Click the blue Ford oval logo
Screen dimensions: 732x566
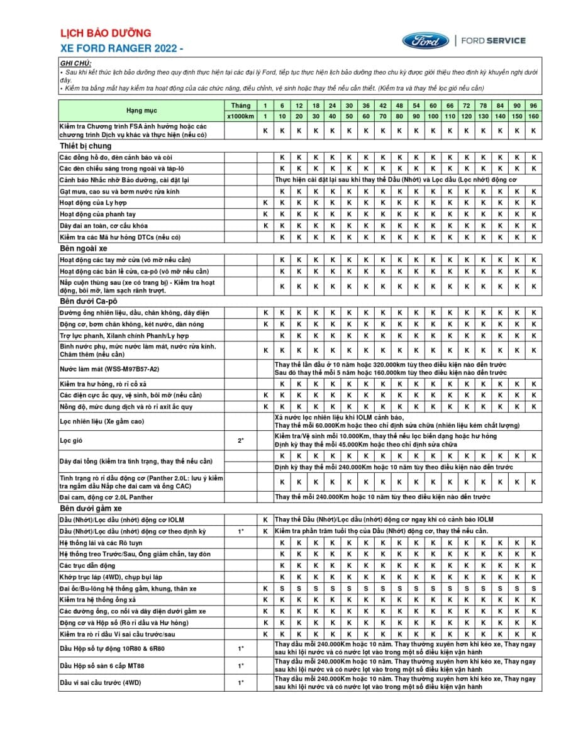tap(426, 41)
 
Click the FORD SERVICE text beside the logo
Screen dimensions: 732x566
tap(493, 41)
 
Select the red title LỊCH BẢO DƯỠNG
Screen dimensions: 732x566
tap(106, 33)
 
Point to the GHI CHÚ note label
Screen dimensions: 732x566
tap(75, 64)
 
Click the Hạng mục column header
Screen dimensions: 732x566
tap(142, 111)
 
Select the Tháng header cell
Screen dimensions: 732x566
tap(240, 105)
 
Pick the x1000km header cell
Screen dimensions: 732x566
tap(240, 116)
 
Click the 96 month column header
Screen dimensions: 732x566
tap(533, 105)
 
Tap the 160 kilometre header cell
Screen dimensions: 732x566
tap(533, 116)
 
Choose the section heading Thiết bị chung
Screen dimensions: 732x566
tap(86, 146)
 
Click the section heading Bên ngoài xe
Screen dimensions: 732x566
tap(84, 248)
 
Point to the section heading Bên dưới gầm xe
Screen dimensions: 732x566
tap(91, 508)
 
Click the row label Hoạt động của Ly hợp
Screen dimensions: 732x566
tap(93, 203)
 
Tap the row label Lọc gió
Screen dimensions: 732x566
tap(71, 441)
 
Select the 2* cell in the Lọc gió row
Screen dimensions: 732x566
tap(240, 441)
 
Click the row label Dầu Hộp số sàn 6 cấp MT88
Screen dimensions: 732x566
tap(102, 665)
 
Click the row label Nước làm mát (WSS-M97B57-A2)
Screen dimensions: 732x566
tap(109, 369)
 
